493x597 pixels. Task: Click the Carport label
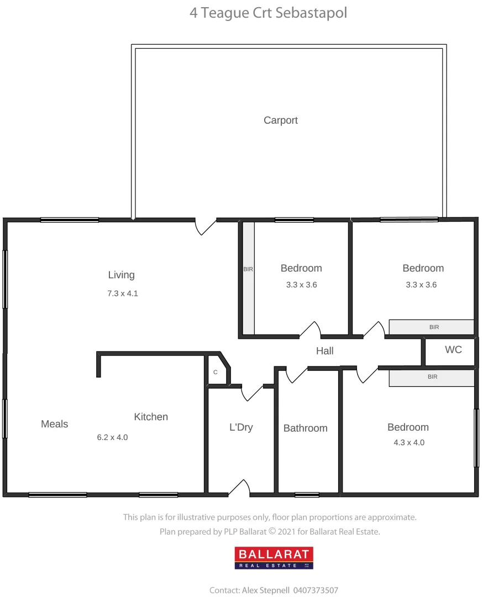pos(280,121)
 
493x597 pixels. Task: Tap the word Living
pos(121,275)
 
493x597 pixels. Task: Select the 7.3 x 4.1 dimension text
pos(123,294)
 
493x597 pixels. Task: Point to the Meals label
pos(55,424)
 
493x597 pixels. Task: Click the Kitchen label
pos(151,417)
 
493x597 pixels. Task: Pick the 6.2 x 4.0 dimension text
pos(112,437)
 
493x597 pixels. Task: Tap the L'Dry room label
pos(241,427)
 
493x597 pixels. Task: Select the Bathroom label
pos(305,428)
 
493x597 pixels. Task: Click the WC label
pos(453,350)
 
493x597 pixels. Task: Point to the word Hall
pos(324,351)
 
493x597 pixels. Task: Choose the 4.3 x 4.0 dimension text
pos(408,442)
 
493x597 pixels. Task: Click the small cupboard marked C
pos(216,372)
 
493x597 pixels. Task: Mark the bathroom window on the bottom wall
pos(307,494)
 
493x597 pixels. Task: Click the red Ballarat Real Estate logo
pos(274,558)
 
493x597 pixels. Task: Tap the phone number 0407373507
pos(317,590)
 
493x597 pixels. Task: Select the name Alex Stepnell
pos(265,590)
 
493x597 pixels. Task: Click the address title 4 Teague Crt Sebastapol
pos(269,13)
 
